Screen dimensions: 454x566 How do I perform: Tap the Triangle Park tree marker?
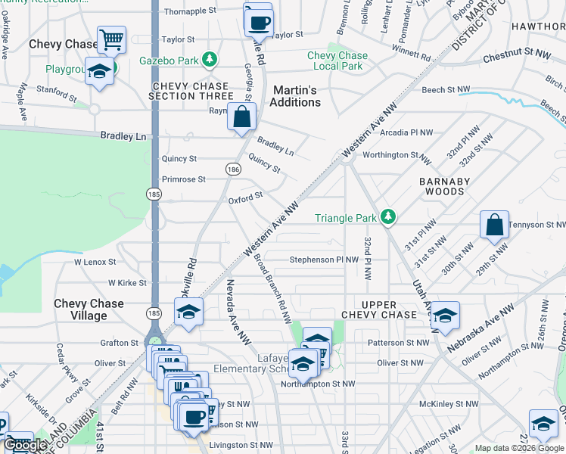tap(387, 218)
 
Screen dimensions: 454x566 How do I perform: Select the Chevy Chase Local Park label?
tap(337, 61)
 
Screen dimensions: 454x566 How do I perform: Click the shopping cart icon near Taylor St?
tap(111, 38)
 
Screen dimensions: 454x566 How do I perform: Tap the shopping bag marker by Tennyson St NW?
tap(493, 225)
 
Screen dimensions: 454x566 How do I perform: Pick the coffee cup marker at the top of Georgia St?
tap(259, 21)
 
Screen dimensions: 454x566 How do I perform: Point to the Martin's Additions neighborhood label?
tap(296, 96)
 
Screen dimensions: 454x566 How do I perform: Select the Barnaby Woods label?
tap(445, 186)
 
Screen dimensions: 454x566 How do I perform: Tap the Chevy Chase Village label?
tap(89, 309)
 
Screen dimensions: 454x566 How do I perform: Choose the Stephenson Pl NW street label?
tap(324, 260)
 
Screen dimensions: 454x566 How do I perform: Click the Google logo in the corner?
tap(26, 445)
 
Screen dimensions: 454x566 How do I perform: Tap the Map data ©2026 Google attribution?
tap(518, 448)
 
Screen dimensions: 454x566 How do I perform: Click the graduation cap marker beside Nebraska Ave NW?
tap(445, 316)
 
